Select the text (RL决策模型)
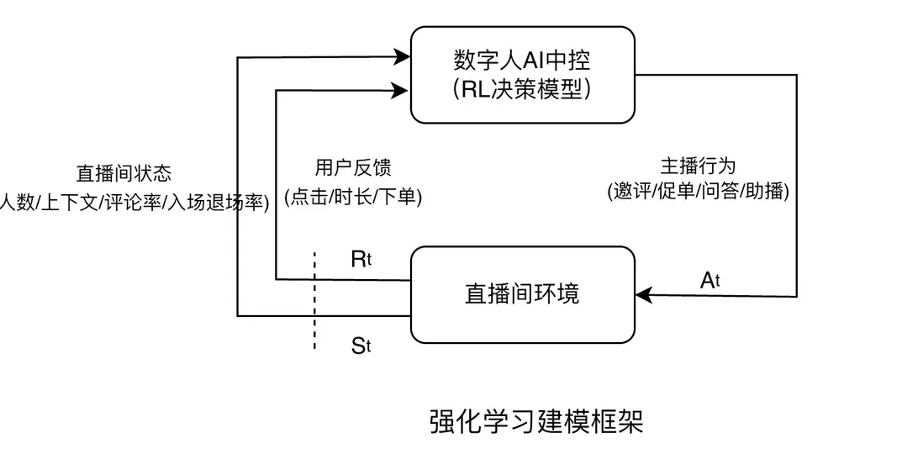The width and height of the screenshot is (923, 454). tap(522, 90)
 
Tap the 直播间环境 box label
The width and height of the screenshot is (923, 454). tap(522, 293)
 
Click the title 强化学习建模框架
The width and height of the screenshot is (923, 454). tap(536, 421)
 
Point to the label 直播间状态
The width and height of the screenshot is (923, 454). tap(124, 173)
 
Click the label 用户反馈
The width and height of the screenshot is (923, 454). tap(353, 167)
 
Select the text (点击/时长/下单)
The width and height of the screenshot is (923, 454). tap(353, 197)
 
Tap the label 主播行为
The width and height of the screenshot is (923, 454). tap(698, 165)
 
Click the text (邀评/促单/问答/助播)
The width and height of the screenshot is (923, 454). tap(698, 191)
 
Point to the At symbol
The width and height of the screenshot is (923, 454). tap(710, 281)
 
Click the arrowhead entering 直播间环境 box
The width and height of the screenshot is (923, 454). tap(643, 295)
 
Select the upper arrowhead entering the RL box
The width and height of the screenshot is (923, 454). tap(402, 58)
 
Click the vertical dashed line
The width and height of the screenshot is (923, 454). tap(314, 298)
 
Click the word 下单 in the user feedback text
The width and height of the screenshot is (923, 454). tap(398, 197)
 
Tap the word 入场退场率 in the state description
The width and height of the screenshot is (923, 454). tap(214, 203)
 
